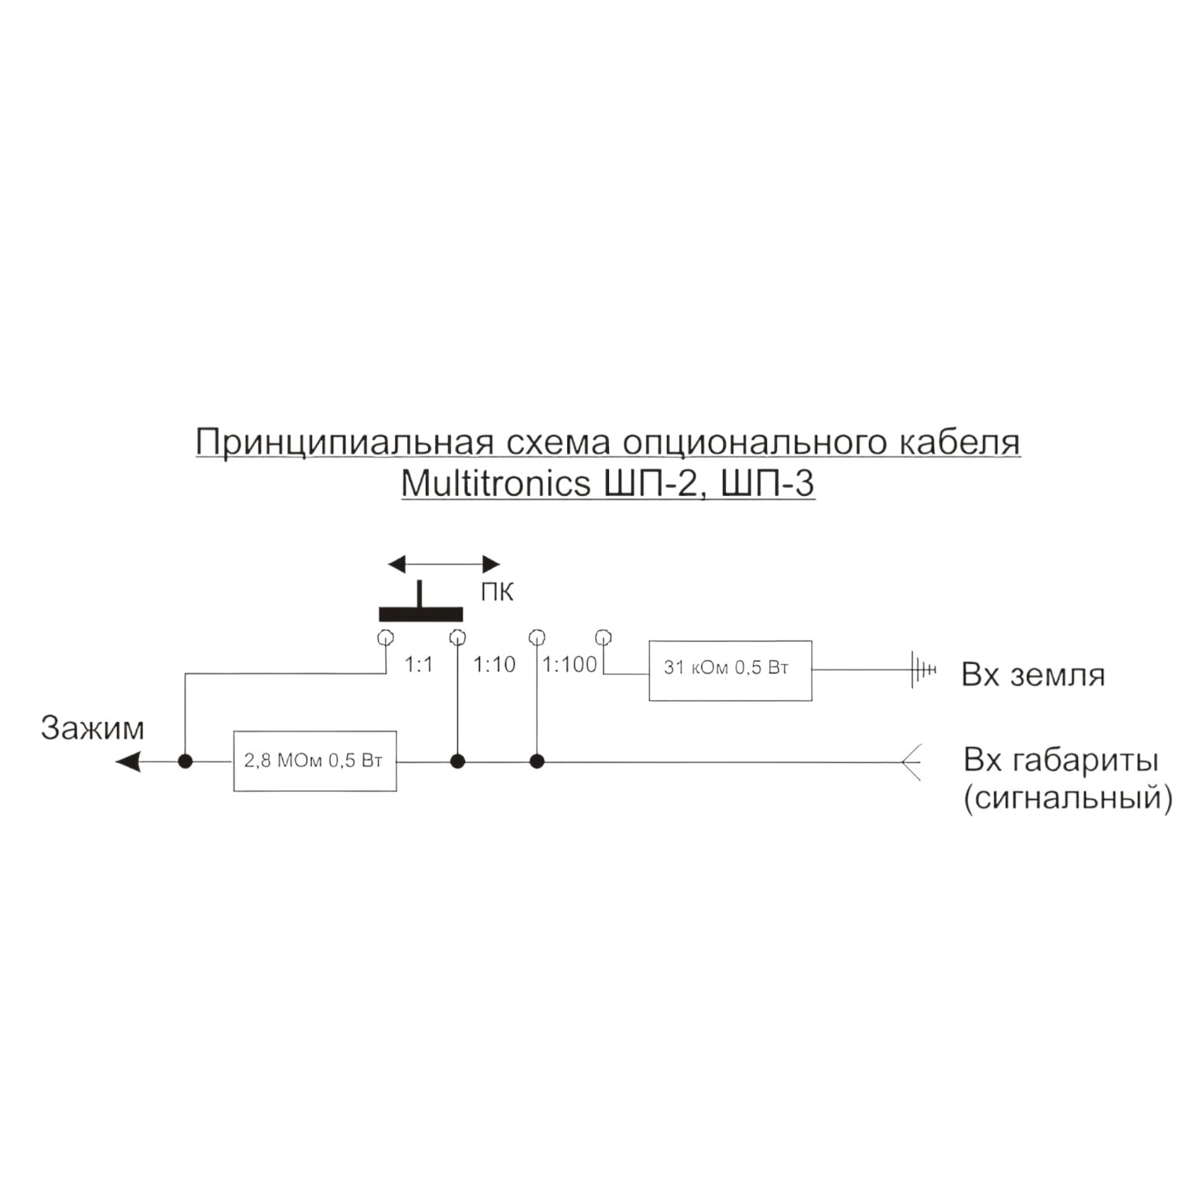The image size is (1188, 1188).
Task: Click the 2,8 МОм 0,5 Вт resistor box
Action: (315, 761)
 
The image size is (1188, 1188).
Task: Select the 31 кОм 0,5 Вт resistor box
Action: (730, 669)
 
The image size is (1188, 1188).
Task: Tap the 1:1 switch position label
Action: (419, 665)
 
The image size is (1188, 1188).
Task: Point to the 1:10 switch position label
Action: (494, 665)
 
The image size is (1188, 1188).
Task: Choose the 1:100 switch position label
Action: (570, 665)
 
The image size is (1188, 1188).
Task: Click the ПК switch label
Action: (497, 592)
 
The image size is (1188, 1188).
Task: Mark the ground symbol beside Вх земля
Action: (922, 669)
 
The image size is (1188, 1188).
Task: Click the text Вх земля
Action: (1032, 675)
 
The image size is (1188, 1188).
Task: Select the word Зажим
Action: (93, 728)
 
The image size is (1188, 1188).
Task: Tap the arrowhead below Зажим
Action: (128, 761)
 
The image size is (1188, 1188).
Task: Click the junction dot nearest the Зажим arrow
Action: (185, 761)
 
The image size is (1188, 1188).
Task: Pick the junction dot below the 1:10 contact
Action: (457, 761)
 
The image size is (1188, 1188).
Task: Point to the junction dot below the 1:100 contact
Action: (537, 761)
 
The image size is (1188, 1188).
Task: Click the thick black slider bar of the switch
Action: (420, 614)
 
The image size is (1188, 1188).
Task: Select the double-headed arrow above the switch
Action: (444, 564)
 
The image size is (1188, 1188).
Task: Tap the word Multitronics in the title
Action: (495, 483)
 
